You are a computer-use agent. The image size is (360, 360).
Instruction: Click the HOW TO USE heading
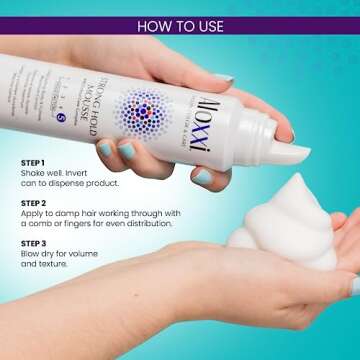(x=180, y=25)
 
